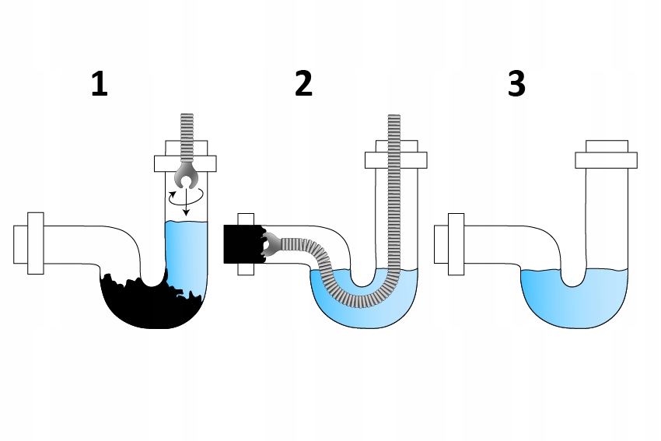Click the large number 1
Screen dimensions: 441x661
point(99,84)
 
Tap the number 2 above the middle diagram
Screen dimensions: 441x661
point(303,84)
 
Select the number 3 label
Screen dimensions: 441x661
point(516,84)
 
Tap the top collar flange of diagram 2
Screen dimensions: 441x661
point(397,159)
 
